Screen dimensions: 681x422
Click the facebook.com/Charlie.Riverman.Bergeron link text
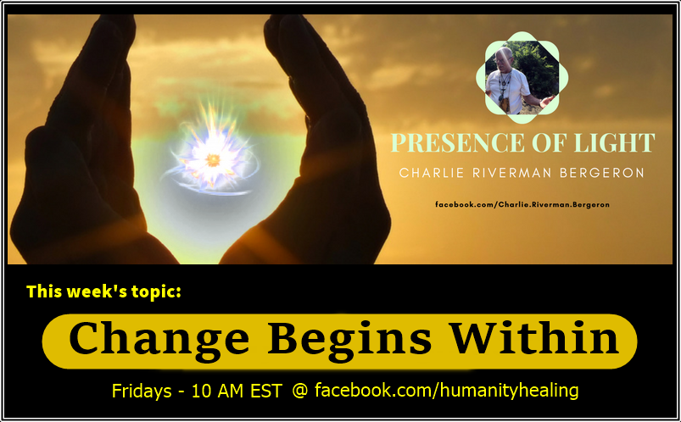522,204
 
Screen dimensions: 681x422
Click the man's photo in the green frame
522,77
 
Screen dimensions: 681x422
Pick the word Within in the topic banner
533,337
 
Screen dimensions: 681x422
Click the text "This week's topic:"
103,292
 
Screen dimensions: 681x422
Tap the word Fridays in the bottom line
142,391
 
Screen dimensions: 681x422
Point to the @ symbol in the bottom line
299,391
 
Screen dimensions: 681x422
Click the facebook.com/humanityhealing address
446,391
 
